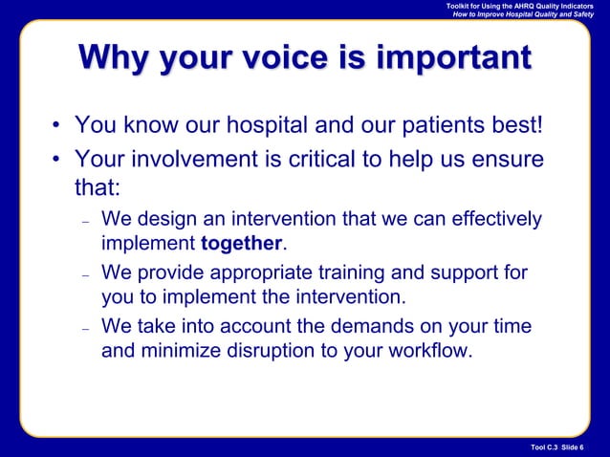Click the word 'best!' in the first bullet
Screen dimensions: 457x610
pyautogui.click(x=513, y=126)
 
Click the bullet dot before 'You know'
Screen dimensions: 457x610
pyautogui.click(x=56, y=127)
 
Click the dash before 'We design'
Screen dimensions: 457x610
pyautogui.click(x=86, y=222)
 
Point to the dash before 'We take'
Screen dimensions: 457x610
pyautogui.click(x=86, y=329)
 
